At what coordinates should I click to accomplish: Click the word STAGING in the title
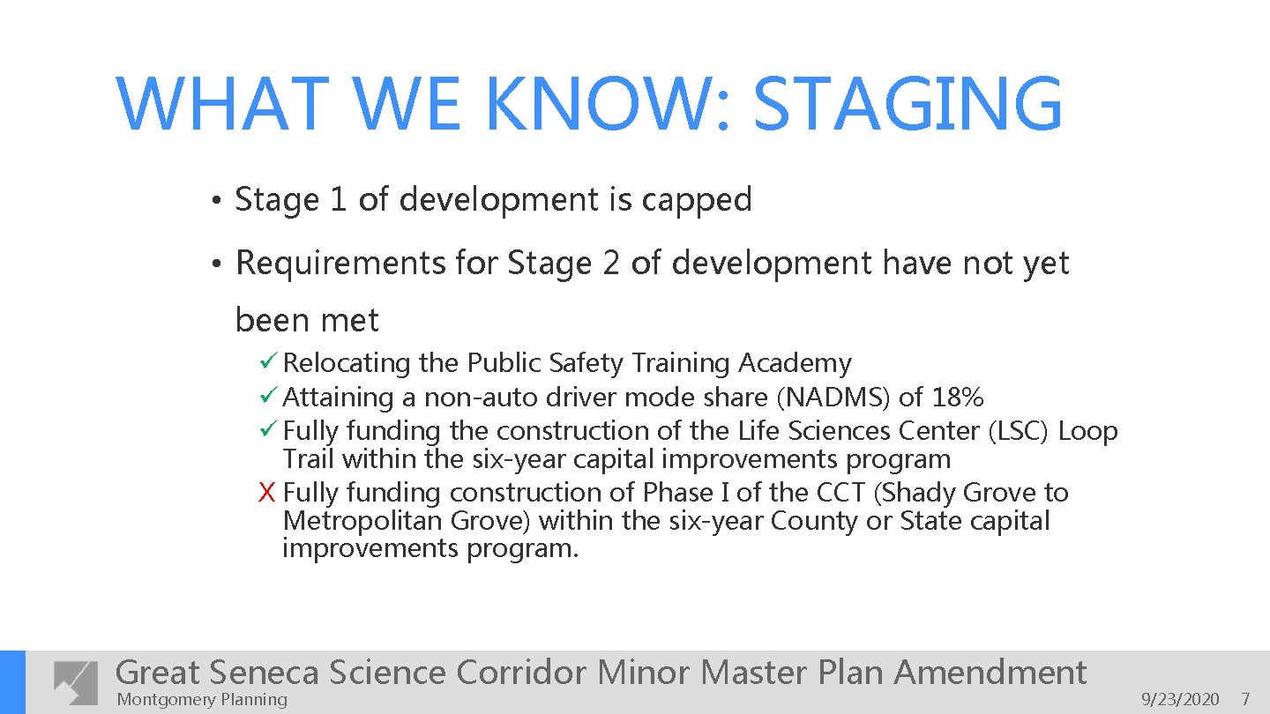908,105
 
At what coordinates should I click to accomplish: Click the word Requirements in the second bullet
340,264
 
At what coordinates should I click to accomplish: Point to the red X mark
267,493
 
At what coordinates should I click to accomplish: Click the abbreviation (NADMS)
832,398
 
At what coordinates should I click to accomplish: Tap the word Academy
795,363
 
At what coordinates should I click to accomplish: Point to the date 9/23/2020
1180,700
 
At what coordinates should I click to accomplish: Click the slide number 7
1245,700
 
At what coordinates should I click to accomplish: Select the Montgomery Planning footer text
202,700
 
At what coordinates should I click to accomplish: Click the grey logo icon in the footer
76,681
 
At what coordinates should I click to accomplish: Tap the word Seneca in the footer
264,673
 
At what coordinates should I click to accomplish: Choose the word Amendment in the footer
990,673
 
